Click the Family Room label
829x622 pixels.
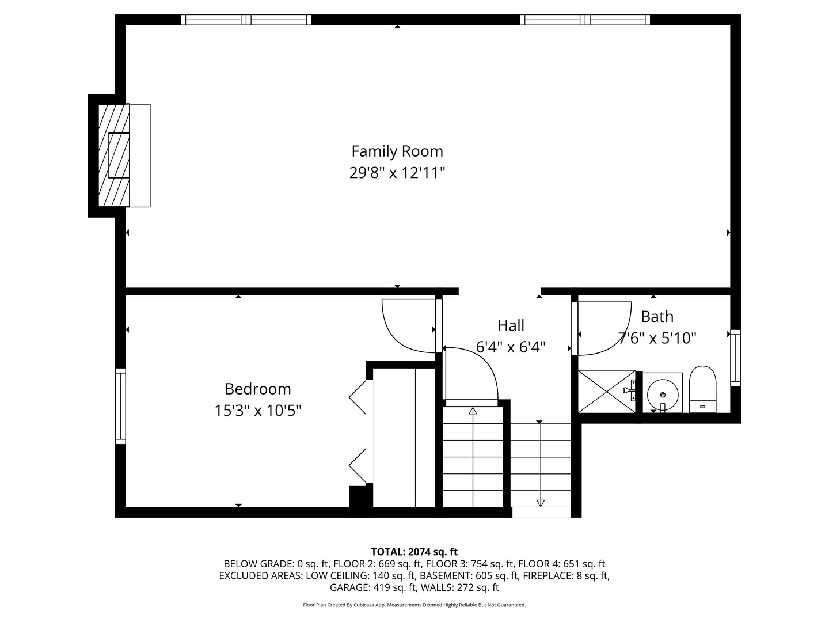397,151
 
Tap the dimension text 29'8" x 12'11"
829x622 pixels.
397,173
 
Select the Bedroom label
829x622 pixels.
258,389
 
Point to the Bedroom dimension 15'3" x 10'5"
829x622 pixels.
258,411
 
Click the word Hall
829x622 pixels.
511,325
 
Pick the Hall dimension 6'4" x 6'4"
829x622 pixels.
511,347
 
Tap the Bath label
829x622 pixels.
657,317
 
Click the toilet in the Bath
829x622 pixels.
702,389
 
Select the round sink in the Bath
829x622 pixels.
663,395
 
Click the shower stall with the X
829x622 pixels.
607,392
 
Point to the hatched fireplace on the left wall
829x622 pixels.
114,155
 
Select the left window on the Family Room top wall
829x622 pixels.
246,20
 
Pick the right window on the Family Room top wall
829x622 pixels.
585,20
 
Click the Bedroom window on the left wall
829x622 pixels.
120,406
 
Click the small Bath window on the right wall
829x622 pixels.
735,358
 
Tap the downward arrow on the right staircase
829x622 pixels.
540,502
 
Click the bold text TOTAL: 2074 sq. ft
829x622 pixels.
414,552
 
